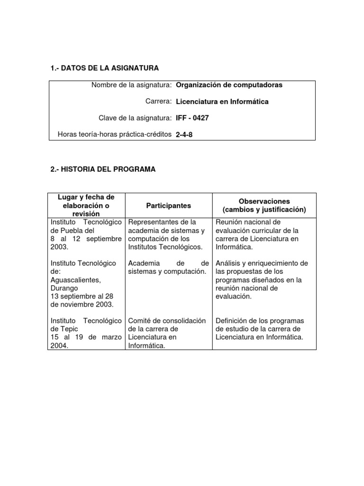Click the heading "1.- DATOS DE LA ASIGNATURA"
click(104, 69)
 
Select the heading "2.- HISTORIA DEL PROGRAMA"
click(103, 169)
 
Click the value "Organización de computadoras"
click(229, 85)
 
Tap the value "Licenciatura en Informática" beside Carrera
click(222, 102)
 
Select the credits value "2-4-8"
click(184, 134)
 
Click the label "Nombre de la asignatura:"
click(131, 85)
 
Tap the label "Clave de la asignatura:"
click(134, 118)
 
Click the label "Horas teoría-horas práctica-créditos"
click(114, 134)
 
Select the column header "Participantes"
click(169, 206)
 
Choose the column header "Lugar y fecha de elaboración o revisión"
click(86, 206)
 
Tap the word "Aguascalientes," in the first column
click(73, 280)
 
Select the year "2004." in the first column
click(59, 346)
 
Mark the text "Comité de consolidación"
click(167, 321)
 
